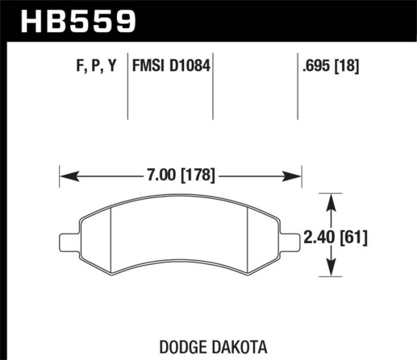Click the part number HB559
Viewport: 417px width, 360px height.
coord(78,21)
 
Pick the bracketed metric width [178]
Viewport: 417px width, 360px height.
coord(196,176)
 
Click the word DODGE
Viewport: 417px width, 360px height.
coord(187,346)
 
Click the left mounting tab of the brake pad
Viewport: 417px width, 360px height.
coord(69,241)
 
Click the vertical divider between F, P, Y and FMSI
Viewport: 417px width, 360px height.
coord(128,89)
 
